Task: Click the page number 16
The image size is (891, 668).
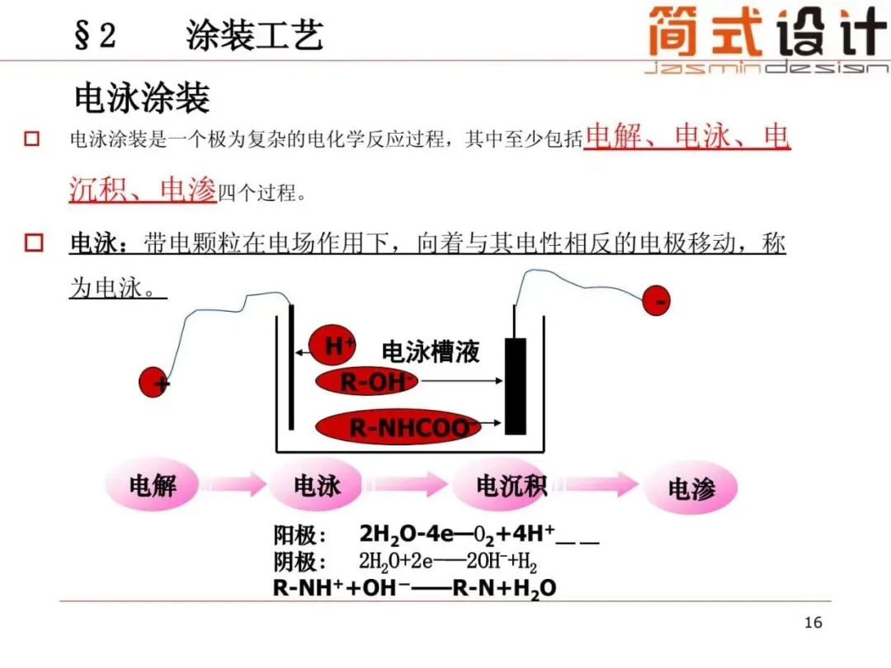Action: (813, 622)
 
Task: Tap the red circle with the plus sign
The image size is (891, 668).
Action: (154, 382)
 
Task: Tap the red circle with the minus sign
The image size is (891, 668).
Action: (658, 302)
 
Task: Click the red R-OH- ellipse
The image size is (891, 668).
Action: (369, 381)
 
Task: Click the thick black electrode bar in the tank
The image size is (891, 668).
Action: (516, 386)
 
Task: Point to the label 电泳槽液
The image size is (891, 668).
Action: (430, 352)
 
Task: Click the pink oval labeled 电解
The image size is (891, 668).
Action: (153, 486)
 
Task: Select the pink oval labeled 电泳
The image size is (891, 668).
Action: (317, 486)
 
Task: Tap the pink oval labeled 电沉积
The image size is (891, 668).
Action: (511, 486)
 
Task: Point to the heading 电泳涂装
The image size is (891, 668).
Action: (142, 98)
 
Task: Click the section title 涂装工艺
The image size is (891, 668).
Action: (255, 35)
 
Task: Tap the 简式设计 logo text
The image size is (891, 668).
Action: (767, 33)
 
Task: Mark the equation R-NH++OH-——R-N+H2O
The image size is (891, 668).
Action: (414, 588)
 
